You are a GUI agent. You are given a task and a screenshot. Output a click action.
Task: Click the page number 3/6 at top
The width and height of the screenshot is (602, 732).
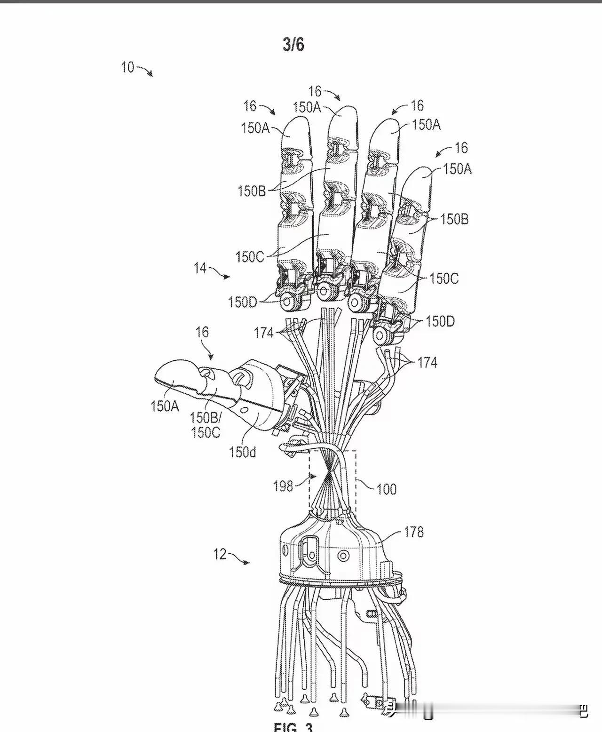click(x=293, y=44)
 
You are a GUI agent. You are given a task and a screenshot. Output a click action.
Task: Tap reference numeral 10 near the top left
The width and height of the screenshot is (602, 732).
click(x=127, y=67)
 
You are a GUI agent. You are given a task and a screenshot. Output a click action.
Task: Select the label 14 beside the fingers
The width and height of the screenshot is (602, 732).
click(x=200, y=268)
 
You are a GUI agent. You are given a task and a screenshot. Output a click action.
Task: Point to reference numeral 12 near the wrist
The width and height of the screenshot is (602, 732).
click(x=220, y=554)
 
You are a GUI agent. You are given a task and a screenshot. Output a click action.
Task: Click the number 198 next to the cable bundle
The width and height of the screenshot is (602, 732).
click(x=283, y=486)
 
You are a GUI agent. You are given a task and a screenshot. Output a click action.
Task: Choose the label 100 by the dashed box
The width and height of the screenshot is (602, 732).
click(x=386, y=489)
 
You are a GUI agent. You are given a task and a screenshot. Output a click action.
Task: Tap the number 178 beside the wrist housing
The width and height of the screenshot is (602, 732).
click(x=413, y=532)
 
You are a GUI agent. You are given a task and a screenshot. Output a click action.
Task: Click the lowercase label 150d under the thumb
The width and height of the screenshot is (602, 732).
click(x=243, y=452)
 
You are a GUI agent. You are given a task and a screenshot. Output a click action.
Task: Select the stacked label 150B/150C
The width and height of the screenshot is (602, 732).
click(x=206, y=425)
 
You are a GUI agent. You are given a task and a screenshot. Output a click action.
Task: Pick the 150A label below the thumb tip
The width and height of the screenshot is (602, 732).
click(x=165, y=406)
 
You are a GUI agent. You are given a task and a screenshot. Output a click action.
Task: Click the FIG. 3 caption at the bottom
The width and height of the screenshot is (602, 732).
click(x=293, y=727)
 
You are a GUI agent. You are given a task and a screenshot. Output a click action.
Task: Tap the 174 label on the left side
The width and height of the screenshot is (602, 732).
click(x=264, y=333)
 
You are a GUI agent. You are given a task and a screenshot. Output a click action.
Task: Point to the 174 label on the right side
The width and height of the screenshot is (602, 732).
click(x=427, y=362)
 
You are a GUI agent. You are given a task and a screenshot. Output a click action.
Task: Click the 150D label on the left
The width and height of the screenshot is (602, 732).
click(x=243, y=302)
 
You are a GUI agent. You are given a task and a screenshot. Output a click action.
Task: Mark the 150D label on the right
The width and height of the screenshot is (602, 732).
click(x=440, y=322)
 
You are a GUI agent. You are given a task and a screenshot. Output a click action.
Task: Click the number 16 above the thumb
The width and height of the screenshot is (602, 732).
click(x=202, y=332)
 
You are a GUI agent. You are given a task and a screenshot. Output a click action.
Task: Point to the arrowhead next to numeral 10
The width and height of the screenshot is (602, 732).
click(x=150, y=74)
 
